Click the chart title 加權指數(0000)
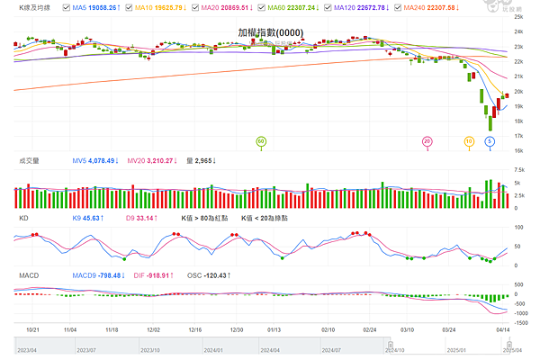click(270, 32)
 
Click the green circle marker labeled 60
click(261, 141)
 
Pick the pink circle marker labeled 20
click(427, 141)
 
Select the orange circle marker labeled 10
click(469, 141)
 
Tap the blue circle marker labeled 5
click(490, 141)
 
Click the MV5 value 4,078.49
click(94, 161)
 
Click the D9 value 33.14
click(141, 218)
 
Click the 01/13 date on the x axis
click(275, 330)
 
